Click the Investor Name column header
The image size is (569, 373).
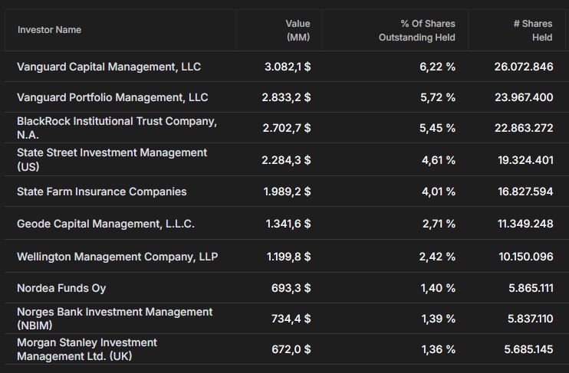49,30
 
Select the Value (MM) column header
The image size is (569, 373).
298,31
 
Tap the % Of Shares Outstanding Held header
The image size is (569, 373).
417,31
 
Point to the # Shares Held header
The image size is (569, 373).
533,31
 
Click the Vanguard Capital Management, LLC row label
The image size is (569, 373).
109,67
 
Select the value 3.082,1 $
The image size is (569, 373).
288,67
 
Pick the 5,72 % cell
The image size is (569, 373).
438,97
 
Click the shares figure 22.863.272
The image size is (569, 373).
524,128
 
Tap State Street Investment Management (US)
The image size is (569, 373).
112,159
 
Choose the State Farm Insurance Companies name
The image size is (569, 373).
101,191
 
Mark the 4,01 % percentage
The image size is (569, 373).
439,191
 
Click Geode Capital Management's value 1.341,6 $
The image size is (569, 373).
288,224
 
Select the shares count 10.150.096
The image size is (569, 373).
526,257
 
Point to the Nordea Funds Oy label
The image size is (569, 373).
61,288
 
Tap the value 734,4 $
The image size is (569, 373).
291,319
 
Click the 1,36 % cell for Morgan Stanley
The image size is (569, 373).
439,349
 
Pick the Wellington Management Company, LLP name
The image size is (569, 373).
117,257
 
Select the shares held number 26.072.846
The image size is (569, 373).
524,67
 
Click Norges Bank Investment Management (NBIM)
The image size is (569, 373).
115,319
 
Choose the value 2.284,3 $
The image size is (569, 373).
286,160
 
